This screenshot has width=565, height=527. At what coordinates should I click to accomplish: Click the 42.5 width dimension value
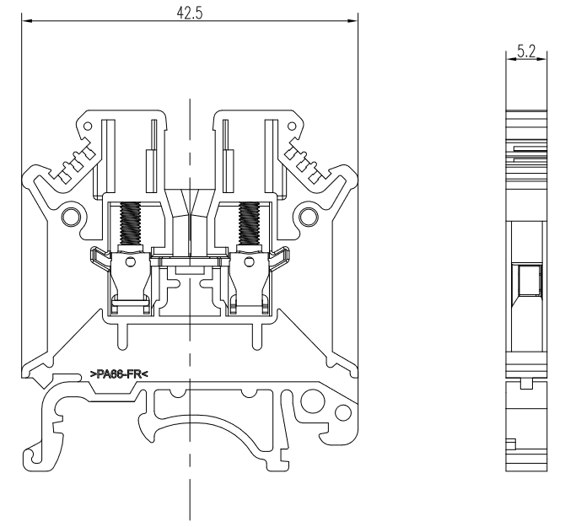click(190, 13)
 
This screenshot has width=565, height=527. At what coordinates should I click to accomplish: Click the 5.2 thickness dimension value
click(526, 51)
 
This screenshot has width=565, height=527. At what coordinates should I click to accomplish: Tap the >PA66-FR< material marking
click(119, 374)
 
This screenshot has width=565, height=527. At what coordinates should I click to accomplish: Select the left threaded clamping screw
click(130, 223)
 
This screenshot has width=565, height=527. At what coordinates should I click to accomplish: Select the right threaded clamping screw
click(249, 223)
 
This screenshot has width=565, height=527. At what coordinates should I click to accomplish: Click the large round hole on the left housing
click(71, 217)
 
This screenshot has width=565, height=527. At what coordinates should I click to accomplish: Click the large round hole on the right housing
click(309, 217)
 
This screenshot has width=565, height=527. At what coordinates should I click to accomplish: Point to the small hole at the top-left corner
click(88, 126)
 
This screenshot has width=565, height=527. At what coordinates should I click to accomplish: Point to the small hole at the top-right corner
click(292, 126)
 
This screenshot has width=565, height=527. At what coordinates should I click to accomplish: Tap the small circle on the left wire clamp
click(131, 261)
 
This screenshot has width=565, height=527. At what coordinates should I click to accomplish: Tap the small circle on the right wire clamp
click(249, 261)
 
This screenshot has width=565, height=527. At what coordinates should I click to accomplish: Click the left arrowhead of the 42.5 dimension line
click(27, 21)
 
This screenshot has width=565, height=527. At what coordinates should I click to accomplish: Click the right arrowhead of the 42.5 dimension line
click(352, 21)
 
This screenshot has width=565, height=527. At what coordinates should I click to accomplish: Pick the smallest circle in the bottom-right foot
click(343, 412)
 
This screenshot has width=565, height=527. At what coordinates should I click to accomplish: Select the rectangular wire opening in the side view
click(530, 280)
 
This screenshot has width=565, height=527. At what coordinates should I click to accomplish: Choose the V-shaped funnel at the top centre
click(190, 202)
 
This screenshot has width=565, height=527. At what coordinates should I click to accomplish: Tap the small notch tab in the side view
click(526, 384)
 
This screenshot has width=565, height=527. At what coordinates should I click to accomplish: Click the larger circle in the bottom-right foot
click(311, 401)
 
